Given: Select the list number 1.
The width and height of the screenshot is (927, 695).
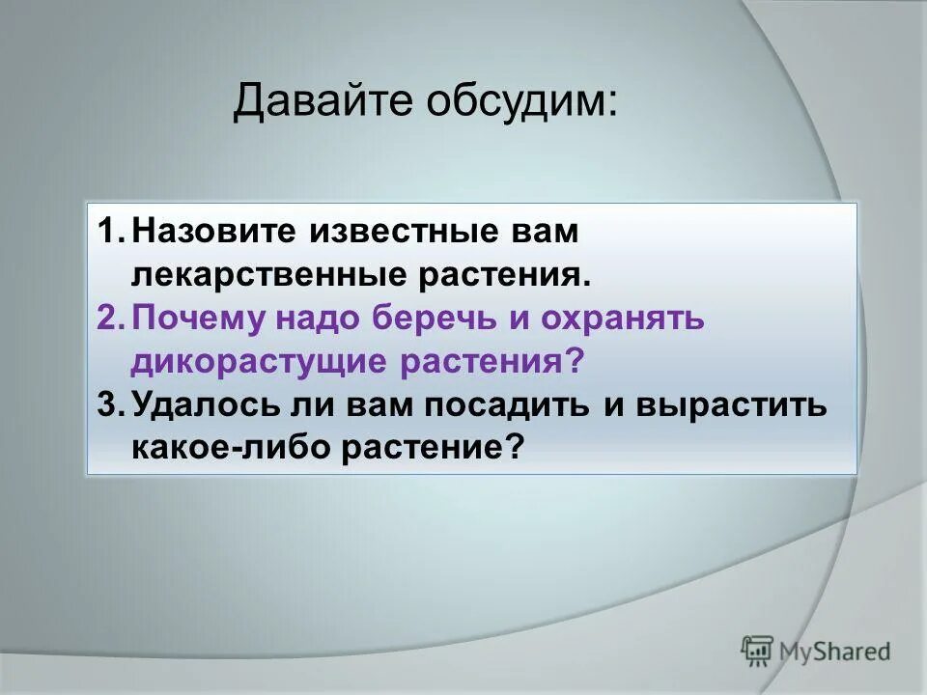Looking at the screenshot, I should (110, 233).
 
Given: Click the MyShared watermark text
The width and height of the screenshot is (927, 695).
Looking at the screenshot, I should (834, 651).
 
